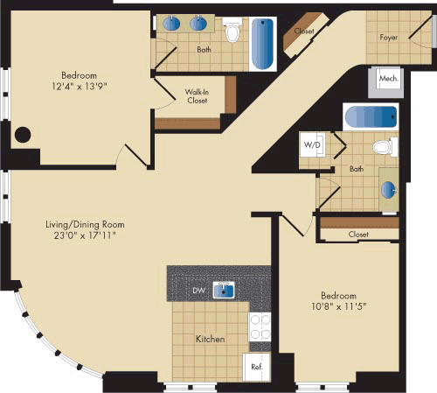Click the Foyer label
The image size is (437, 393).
click(389, 38)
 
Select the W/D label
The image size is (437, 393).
click(312, 144)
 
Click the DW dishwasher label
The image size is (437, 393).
click(199, 290)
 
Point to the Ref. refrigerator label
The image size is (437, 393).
click(258, 368)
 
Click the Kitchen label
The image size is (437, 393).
click(211, 339)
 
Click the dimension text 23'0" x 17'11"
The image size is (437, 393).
click(81, 235)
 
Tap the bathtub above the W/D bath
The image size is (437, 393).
click(370, 116)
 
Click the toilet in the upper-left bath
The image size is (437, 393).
click(232, 33)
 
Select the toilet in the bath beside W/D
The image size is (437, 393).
click(382, 146)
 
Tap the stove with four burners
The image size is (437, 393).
click(260, 327)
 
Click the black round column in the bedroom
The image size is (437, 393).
click(24, 136)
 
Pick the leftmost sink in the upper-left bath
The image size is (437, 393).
click(170, 25)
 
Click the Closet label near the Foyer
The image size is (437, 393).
click(304, 31)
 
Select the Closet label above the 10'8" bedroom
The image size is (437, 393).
click(358, 235)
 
